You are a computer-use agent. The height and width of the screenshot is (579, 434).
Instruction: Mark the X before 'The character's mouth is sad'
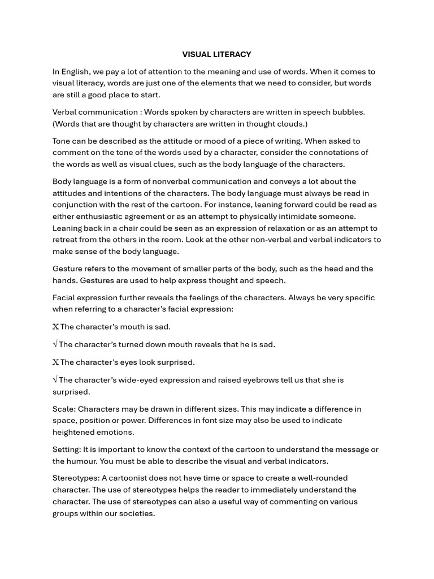[x=55, y=327]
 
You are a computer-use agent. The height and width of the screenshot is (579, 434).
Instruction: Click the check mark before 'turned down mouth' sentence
[x=55, y=344]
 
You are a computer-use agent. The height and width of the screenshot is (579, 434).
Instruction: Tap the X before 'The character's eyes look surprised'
[x=55, y=362]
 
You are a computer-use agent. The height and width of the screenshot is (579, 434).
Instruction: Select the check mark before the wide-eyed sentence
[x=55, y=380]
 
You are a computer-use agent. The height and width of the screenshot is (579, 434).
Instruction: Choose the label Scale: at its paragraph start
[x=64, y=409]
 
